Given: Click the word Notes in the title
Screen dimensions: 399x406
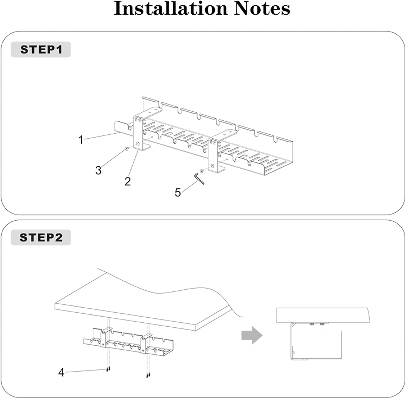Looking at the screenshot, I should tap(262, 9).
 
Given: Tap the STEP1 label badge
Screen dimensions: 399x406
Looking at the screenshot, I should tap(41, 49).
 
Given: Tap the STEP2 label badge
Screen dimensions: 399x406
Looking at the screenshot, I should tap(41, 238).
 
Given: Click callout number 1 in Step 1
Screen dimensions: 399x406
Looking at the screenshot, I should tap(80, 140).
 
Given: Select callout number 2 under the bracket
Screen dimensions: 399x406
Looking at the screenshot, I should tap(127, 181).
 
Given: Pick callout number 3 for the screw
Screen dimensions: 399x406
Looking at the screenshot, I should tap(98, 170).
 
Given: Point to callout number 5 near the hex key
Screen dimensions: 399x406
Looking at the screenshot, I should tap(178, 192).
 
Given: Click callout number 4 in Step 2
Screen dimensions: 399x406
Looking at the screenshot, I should tap(61, 373).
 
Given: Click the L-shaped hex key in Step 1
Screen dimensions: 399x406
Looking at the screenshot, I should tap(199, 179).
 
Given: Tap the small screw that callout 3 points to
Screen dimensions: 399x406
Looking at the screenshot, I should tap(127, 148).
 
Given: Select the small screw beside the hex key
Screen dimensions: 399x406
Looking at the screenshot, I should tap(201, 171).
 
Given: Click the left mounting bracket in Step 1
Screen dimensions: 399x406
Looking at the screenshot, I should tap(139, 132).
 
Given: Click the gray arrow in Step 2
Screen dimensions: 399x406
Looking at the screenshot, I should tap(252, 335).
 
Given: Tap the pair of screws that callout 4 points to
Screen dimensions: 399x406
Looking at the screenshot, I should tap(109, 369).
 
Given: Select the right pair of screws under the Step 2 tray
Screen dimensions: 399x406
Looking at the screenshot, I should tap(148, 375).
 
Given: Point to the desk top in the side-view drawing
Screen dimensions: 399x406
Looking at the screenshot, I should tap(322, 315).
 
